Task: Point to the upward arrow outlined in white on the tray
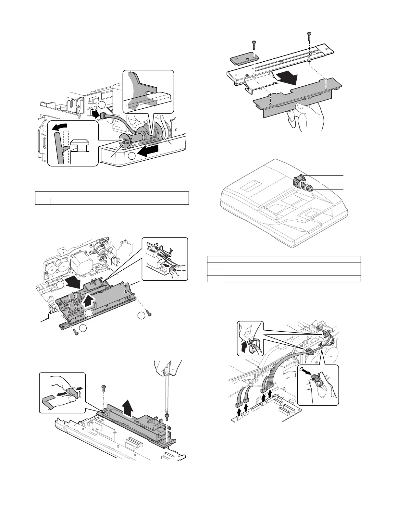(90, 302)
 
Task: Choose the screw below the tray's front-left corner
(76, 332)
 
